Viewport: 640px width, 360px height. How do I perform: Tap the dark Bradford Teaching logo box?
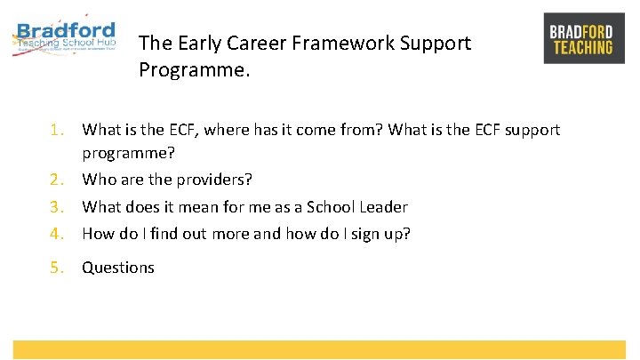coord(583,38)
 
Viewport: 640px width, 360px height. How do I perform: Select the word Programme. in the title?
coord(195,69)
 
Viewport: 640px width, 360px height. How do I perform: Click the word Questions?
coord(118,268)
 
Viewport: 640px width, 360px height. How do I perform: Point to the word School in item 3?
coord(331,207)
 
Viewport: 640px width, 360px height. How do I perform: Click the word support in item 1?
coord(531,130)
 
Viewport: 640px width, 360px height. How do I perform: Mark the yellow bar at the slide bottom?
coord(319,349)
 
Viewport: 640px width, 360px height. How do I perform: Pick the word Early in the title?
coord(196,43)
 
